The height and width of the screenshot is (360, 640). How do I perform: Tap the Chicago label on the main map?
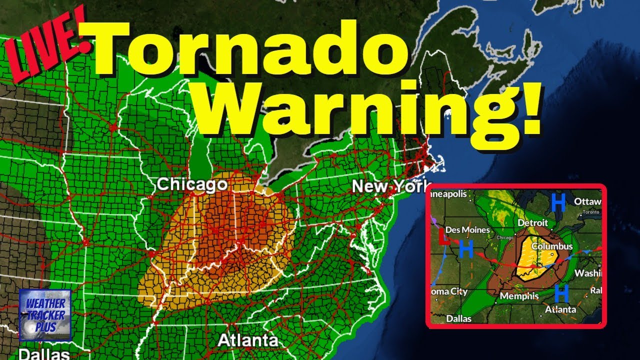(x=192, y=184)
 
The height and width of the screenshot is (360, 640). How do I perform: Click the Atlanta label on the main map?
(x=248, y=340)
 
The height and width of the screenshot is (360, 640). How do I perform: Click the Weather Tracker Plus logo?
(x=45, y=315)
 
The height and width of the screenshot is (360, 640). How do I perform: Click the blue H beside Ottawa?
(x=558, y=202)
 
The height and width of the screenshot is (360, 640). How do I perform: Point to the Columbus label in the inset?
(x=552, y=246)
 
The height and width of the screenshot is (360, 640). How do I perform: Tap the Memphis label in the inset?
(x=519, y=296)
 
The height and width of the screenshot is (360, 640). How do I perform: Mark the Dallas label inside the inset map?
(x=458, y=318)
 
